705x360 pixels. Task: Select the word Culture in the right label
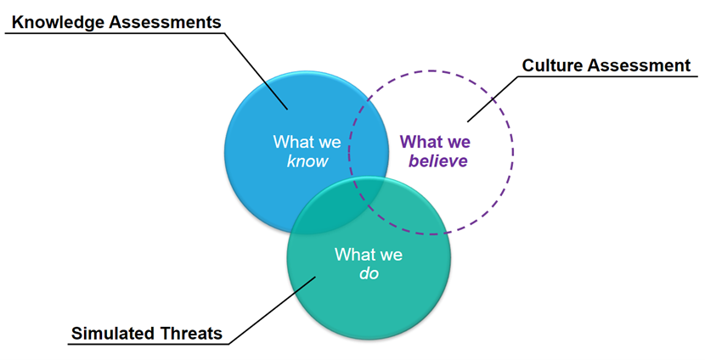[x=551, y=66]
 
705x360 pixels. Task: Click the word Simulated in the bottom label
[x=111, y=333]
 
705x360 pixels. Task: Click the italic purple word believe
[x=436, y=160]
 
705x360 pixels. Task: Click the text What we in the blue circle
[x=301, y=141]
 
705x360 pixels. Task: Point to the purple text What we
[x=436, y=141]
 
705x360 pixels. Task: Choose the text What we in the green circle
[x=368, y=254]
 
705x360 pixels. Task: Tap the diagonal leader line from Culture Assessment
[x=493, y=98]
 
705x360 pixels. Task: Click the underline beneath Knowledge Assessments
[x=110, y=33]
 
